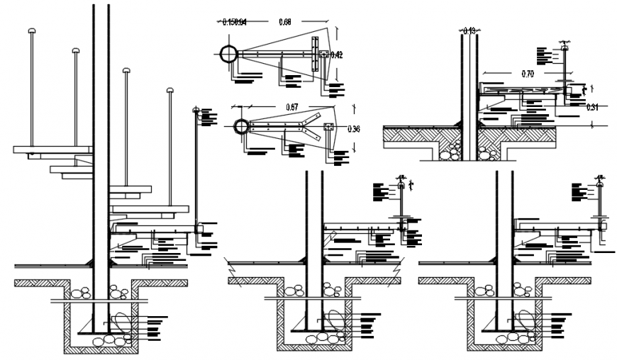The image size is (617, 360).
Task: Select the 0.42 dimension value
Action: point(336,55)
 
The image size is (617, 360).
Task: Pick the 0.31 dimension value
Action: point(594,107)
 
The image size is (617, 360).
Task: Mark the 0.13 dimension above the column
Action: point(469,30)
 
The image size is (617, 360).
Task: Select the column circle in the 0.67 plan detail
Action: point(242,128)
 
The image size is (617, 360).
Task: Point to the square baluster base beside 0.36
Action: point(328,128)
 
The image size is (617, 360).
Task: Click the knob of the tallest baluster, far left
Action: point(32,31)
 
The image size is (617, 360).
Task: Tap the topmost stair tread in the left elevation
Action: point(52,150)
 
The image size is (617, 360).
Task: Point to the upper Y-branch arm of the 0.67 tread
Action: point(311,119)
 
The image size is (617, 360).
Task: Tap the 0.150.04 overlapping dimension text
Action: point(234,22)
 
